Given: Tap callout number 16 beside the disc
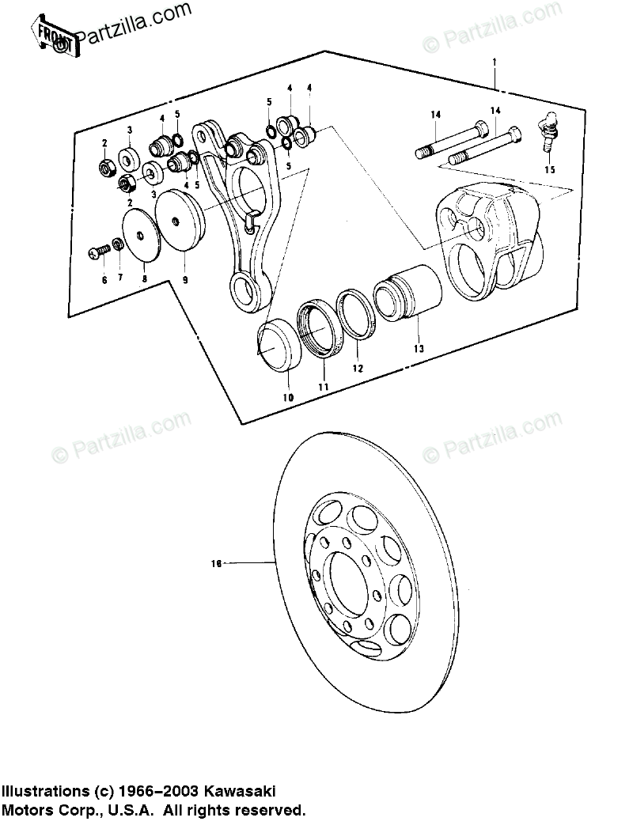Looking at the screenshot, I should coord(214,564).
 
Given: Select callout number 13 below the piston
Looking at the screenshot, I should coord(419,349).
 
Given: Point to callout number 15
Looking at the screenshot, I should coord(550,168).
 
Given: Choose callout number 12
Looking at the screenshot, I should coord(357,369).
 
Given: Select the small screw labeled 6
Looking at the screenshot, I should coord(97,252).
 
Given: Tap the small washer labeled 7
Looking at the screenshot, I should coord(118,244).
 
